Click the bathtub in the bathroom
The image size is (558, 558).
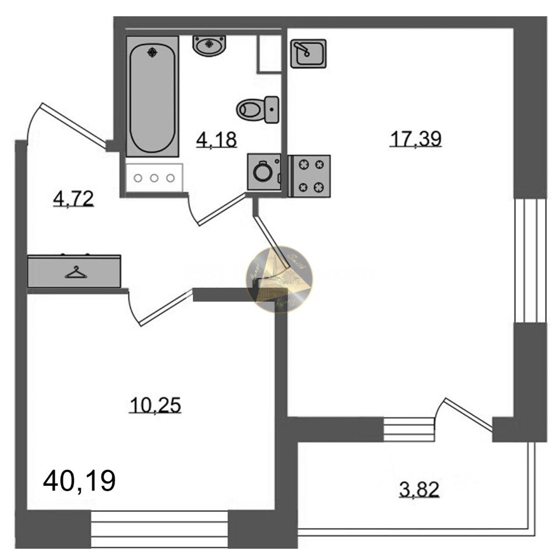[x=152, y=96]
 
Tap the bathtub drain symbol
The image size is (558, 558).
[x=152, y=52]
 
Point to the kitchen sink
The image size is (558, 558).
[x=309, y=54]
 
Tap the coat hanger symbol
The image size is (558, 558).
[x=75, y=271]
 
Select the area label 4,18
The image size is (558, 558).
[x=216, y=139]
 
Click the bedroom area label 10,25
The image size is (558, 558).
[x=155, y=405]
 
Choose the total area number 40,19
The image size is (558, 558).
[x=80, y=481]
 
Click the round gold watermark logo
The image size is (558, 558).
[x=280, y=280]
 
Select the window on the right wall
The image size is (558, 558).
[x=530, y=260]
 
